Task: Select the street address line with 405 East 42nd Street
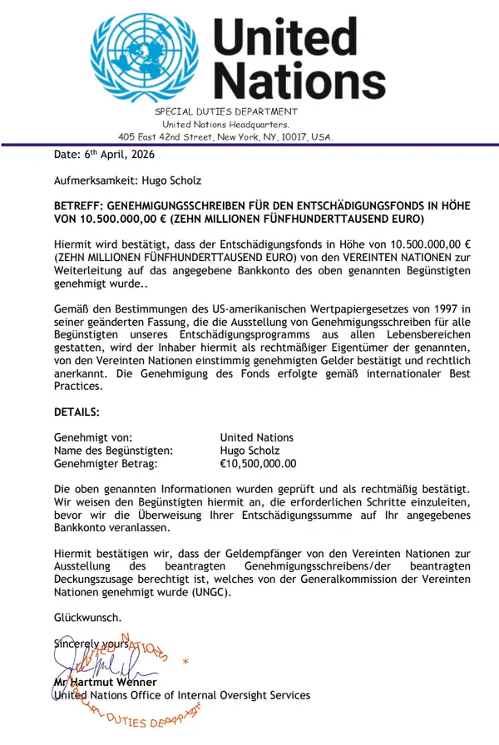coord(225,136)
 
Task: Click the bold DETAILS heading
coord(77,412)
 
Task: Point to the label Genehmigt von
coord(93,437)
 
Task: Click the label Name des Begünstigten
coord(113,451)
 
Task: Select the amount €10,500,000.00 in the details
coord(258,464)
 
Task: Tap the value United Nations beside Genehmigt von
coord(256,437)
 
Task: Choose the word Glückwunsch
coord(87,618)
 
